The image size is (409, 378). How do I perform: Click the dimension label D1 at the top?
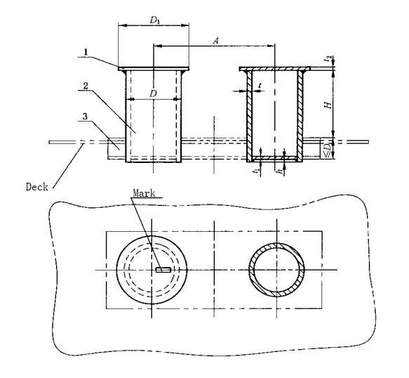(154, 20)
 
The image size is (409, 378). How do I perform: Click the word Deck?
(35, 187)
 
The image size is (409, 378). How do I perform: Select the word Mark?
(144, 192)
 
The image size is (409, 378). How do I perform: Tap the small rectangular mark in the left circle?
(163, 269)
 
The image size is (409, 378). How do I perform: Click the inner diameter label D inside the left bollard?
(152, 92)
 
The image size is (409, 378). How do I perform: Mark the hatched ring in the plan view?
(253, 269)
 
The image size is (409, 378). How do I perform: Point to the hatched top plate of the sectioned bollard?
(274, 69)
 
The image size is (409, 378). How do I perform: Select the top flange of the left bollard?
(154, 69)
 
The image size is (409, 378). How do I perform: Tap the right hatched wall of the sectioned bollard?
(300, 112)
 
